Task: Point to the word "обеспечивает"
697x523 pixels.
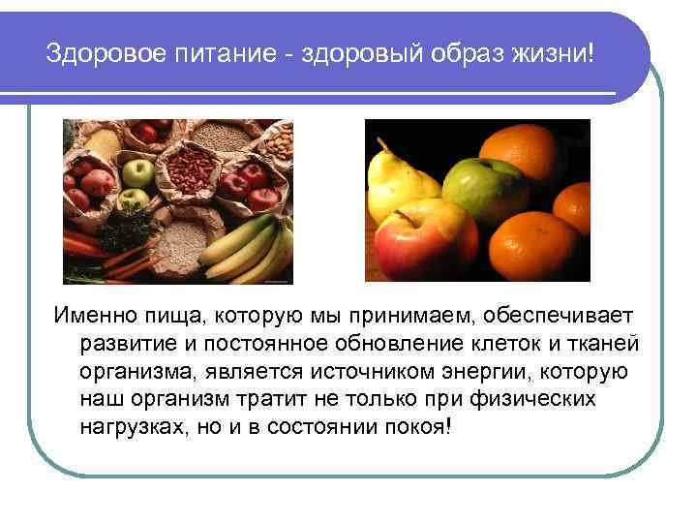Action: (552, 318)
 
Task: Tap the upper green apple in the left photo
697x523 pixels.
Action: (138, 174)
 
